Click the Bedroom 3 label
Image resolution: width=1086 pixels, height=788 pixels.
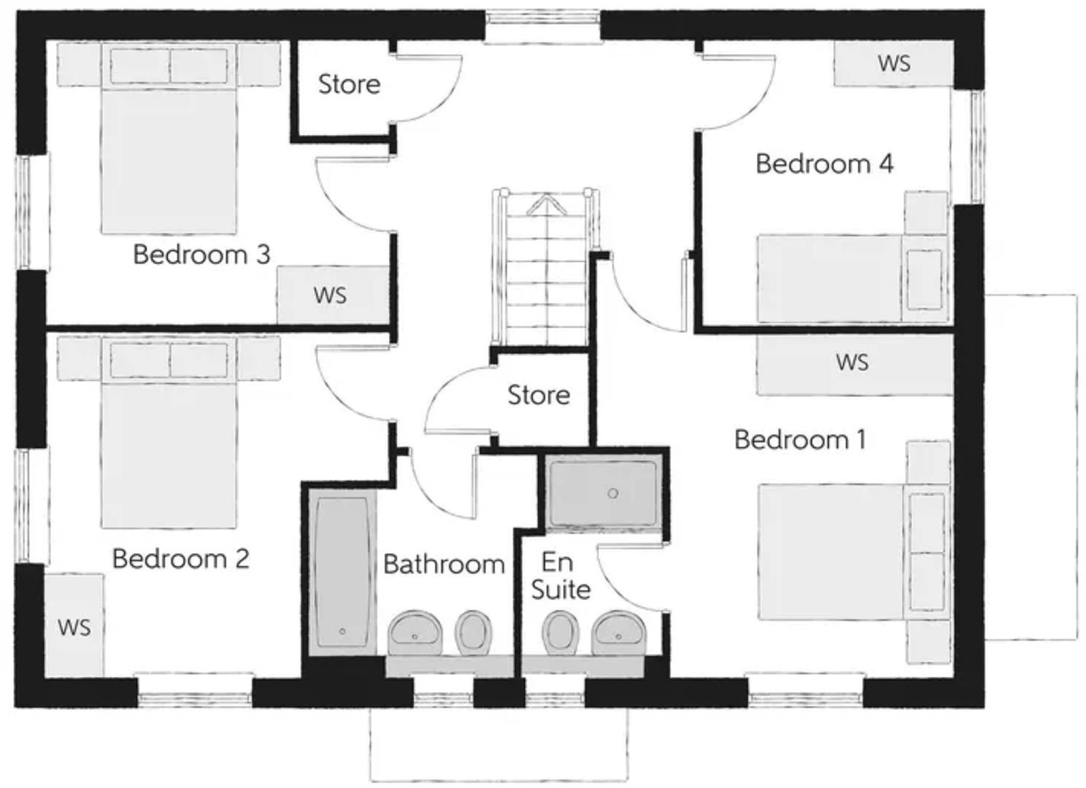tap(201, 255)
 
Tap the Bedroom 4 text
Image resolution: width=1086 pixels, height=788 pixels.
tap(824, 164)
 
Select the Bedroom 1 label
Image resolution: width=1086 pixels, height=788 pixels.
tap(800, 440)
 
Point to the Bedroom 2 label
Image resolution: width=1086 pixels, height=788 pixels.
tap(181, 559)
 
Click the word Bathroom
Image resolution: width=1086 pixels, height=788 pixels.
tap(444, 564)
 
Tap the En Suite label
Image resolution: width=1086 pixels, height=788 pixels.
tap(560, 576)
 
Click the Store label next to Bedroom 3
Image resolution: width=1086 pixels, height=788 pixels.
tap(349, 85)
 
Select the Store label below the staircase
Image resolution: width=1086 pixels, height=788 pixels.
tap(539, 395)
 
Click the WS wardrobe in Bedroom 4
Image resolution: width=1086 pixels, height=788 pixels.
tap(894, 63)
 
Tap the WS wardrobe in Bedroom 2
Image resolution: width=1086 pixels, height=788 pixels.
tap(74, 626)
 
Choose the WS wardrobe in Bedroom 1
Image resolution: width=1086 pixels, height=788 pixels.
tap(854, 363)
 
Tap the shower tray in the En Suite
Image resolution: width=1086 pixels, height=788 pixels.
tap(603, 493)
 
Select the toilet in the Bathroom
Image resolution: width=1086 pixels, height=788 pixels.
tap(473, 632)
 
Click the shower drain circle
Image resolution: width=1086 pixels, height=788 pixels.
tap(613, 493)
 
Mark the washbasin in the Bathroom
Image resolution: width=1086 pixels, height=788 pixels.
tap(415, 633)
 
